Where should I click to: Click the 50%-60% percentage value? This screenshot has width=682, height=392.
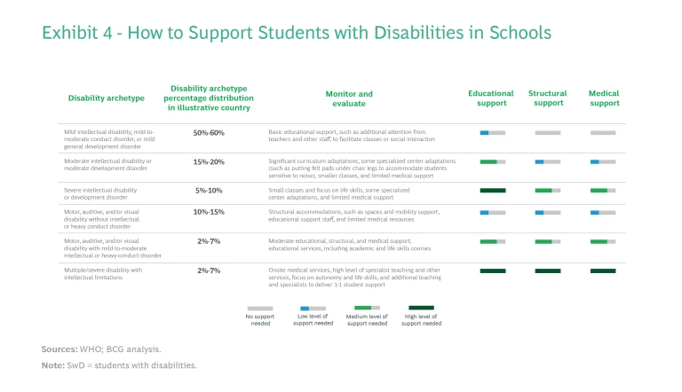[x=209, y=133]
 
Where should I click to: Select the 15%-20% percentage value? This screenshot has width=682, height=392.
[x=209, y=161]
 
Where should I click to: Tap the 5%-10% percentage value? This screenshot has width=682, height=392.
[x=209, y=190]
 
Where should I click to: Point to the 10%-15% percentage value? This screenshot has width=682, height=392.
[x=209, y=212]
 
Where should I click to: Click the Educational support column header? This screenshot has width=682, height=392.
[x=491, y=98]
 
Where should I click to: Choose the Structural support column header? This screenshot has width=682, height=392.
[x=547, y=98]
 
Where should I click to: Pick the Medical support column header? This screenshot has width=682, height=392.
[x=604, y=98]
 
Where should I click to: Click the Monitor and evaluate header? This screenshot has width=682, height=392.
[x=349, y=98]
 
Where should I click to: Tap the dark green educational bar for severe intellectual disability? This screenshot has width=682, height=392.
[x=492, y=190]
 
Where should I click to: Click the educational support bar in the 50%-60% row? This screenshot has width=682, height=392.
[x=492, y=133]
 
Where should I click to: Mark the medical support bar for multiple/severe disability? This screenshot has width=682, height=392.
[x=603, y=270]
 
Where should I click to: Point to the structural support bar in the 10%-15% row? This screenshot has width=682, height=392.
[x=547, y=213]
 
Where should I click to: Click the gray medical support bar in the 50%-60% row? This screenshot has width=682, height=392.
[x=603, y=133]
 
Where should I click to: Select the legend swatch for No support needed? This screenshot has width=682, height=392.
[x=259, y=308]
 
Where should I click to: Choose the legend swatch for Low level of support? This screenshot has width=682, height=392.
[x=313, y=308]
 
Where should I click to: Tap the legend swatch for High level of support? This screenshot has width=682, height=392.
[x=421, y=308]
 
